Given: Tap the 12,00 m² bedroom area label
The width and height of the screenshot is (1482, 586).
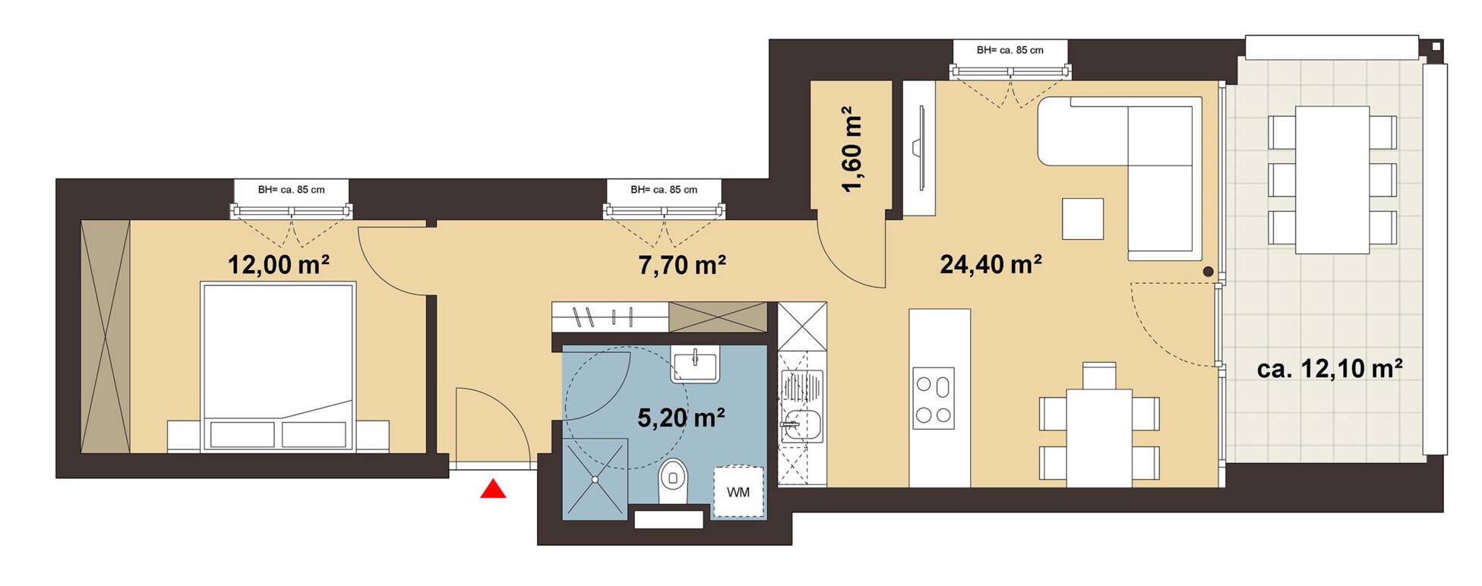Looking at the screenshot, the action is click(x=279, y=265).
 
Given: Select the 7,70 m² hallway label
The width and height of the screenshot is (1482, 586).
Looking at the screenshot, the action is click(x=682, y=265).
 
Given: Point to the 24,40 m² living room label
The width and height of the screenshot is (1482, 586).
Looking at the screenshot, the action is click(x=991, y=264).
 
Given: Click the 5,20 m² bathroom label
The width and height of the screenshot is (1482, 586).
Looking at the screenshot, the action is click(x=681, y=417).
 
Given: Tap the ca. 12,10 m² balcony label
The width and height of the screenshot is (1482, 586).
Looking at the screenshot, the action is click(x=1329, y=369).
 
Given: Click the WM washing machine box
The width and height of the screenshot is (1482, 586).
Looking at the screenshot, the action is click(x=738, y=492).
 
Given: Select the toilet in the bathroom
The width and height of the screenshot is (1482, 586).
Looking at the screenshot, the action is click(x=672, y=481).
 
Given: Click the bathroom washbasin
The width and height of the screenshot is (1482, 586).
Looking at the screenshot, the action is click(x=694, y=365).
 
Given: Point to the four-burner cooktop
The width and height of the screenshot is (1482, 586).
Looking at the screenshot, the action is click(x=934, y=399).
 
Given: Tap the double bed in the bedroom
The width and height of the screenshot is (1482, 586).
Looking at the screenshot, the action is click(x=278, y=367).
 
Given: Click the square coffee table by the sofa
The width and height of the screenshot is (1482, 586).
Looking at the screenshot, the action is click(x=1082, y=219).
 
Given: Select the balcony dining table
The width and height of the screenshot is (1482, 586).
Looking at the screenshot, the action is click(x=1332, y=180).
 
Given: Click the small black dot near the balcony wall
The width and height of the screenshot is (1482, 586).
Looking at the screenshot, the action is click(x=1208, y=272).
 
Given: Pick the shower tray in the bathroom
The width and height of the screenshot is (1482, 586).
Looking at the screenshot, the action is click(x=596, y=479).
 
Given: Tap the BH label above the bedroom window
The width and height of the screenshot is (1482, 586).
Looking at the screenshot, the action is click(x=291, y=190).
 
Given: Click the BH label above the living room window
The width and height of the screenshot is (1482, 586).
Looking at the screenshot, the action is click(x=1010, y=50).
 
